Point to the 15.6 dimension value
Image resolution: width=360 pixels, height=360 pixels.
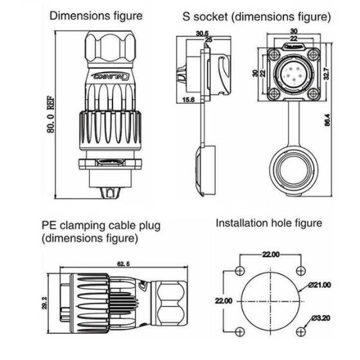tap(188, 100)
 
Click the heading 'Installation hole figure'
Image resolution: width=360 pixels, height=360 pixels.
tap(268, 223)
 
